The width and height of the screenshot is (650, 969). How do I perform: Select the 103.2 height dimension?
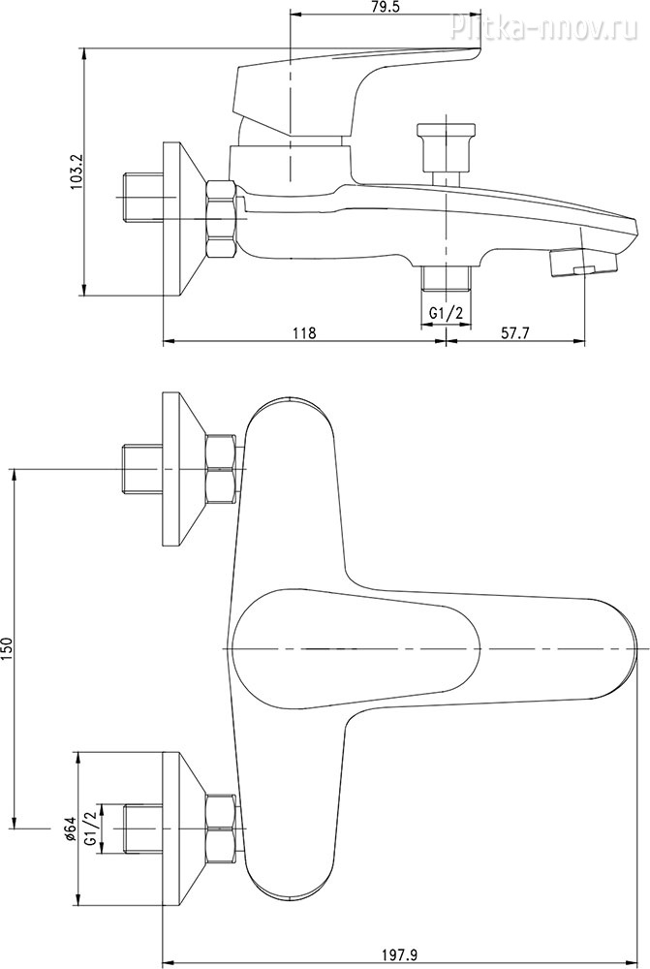click(x=77, y=172)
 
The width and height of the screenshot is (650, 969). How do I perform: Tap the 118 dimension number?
click(x=304, y=333)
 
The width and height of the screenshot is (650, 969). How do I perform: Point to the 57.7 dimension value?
click(x=515, y=333)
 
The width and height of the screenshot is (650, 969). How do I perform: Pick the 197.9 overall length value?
click(x=400, y=955)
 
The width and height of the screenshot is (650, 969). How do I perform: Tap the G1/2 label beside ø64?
click(x=90, y=828)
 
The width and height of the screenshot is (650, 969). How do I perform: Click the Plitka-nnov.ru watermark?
click(x=544, y=27)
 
